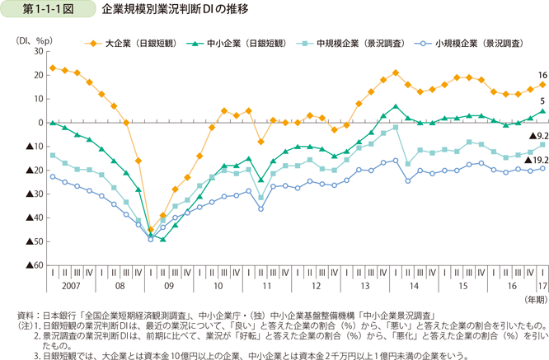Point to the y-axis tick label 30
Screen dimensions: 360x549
(x=37, y=51)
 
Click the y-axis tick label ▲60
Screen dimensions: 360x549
(x=34, y=265)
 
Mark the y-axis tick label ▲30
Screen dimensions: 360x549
(x=34, y=194)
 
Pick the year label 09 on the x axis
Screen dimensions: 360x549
(x=170, y=285)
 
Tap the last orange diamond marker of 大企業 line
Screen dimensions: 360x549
(x=542, y=85)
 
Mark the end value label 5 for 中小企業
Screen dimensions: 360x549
(x=542, y=100)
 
